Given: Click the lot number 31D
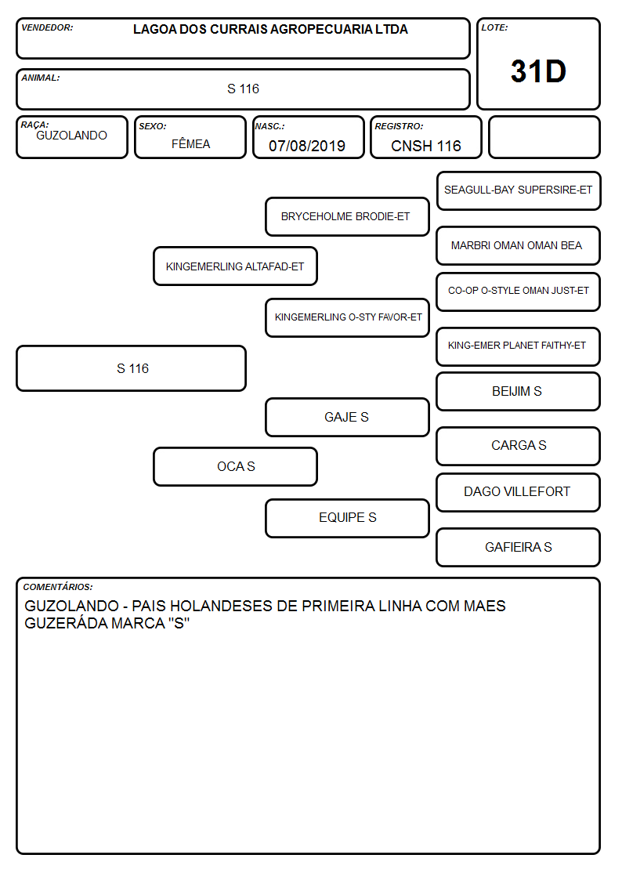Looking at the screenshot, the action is [538, 71].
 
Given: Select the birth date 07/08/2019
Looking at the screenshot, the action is [307, 146].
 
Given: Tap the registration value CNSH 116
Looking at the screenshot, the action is [425, 146].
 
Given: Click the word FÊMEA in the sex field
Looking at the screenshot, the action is [190, 143].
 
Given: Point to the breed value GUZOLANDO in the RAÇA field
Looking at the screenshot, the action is [72, 136].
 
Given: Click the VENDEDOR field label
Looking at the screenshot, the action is [47, 27].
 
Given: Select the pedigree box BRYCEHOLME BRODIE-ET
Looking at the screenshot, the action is [347, 216].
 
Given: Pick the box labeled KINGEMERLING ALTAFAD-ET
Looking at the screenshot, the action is [236, 266].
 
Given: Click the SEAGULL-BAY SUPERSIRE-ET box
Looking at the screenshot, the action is [519, 191].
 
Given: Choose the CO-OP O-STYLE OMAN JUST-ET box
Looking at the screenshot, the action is [519, 292].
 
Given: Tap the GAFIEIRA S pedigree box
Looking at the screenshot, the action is [519, 547].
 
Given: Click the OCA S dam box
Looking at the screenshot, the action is [236, 466].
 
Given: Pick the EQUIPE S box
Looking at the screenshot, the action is [347, 518].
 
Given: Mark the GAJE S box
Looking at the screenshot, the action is [347, 417].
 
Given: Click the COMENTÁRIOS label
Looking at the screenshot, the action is [58, 587].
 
